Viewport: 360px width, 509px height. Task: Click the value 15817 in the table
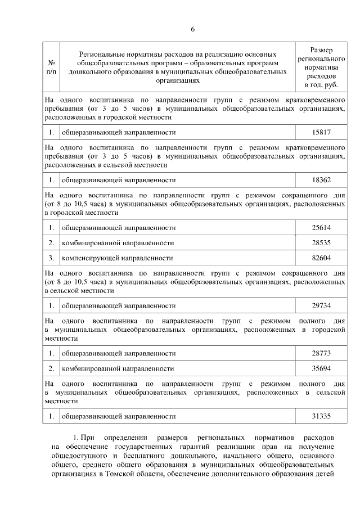pos(321,132)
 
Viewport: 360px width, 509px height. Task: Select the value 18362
pos(321,180)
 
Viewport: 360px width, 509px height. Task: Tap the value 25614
pos(321,228)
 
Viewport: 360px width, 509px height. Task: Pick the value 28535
pos(321,243)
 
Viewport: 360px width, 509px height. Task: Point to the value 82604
pos(321,258)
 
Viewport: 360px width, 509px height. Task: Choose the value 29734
pos(321,305)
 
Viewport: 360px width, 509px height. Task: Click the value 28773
pos(321,353)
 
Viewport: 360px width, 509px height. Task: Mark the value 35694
pos(321,368)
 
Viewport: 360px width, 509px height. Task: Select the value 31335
pos(321,416)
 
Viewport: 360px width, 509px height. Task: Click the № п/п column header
pos(51,67)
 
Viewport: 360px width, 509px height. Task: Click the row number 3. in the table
pos(51,258)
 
